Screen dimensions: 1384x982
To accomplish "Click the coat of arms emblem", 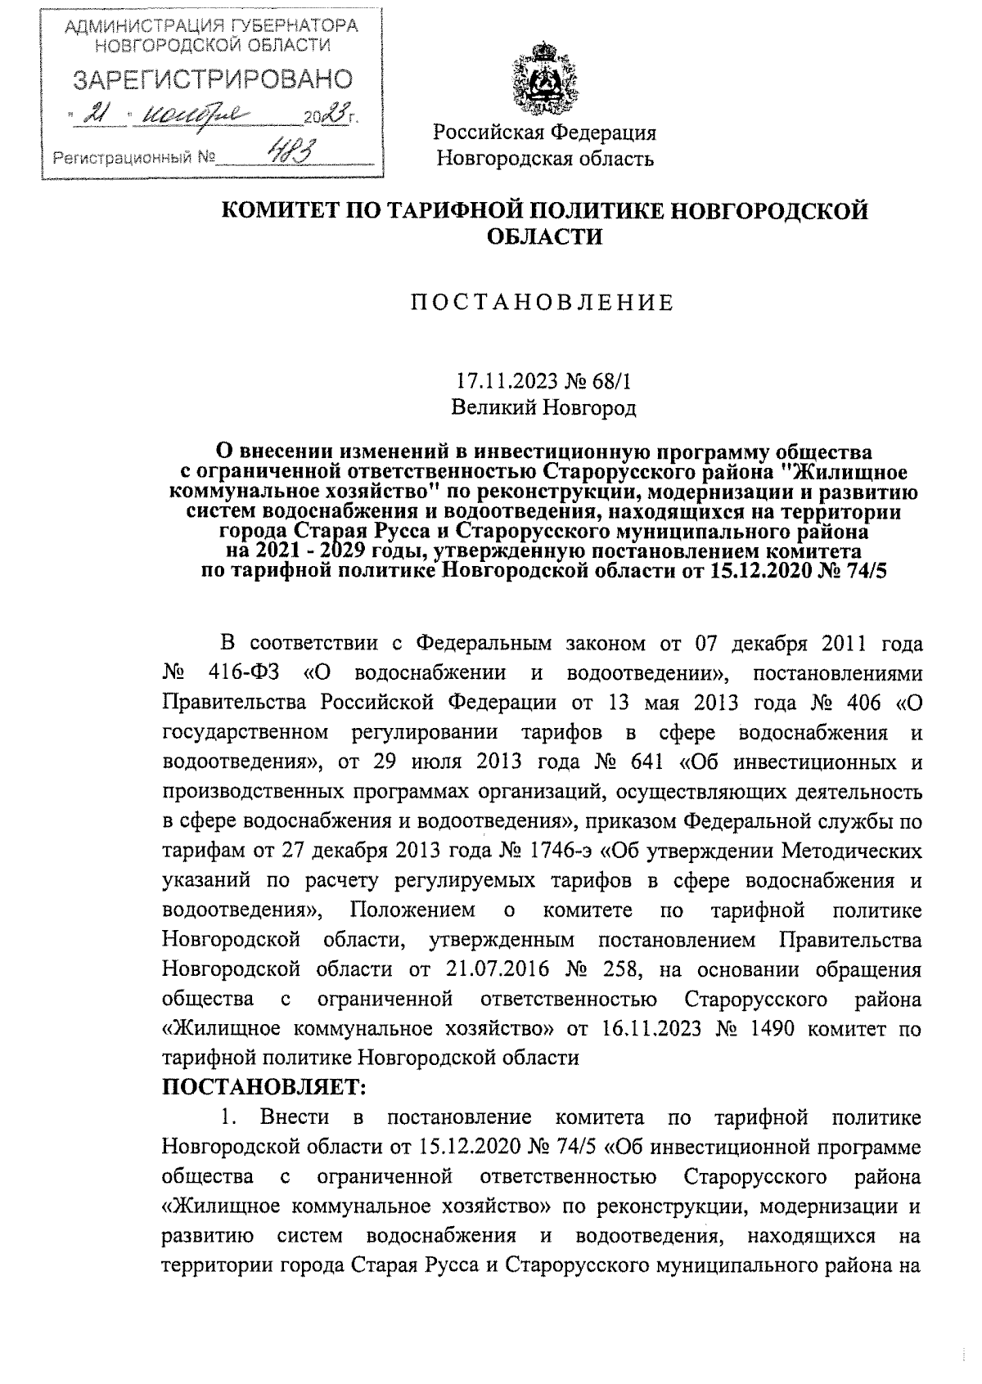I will pyautogui.click(x=544, y=83).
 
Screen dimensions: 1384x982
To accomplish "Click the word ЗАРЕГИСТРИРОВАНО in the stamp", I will pyautogui.click(x=213, y=79).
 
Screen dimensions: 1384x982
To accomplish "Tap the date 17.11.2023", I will pyautogui.click(x=507, y=381).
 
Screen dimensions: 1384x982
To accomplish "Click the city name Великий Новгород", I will pyautogui.click(x=543, y=406).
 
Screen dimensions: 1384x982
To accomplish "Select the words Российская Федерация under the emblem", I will pyautogui.click(x=544, y=133).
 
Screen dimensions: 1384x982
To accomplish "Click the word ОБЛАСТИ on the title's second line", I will pyautogui.click(x=544, y=237).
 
